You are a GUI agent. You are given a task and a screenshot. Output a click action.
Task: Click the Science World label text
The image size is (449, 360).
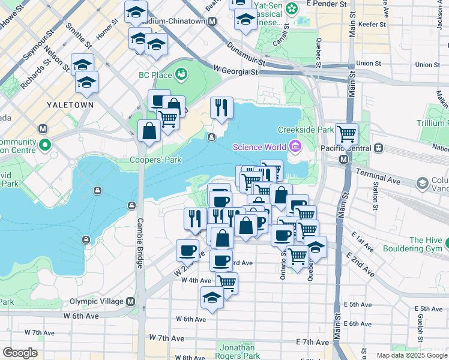tap(259, 147)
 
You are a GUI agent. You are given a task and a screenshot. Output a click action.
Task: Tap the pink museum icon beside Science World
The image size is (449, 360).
tap(295, 146)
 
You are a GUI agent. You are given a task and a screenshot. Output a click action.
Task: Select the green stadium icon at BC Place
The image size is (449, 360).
tap(180, 74)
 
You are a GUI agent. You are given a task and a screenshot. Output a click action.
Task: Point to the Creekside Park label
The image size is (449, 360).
tap(305, 130)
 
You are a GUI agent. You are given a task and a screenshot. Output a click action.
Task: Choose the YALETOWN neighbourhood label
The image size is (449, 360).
tap(70, 104)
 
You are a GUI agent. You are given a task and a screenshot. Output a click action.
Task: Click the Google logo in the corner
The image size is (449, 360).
tap(20, 353)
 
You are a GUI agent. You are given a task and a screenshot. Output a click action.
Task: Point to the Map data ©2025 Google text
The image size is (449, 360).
tap(412, 355)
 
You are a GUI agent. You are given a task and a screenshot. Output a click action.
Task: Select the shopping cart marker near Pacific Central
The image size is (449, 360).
tap(346, 134)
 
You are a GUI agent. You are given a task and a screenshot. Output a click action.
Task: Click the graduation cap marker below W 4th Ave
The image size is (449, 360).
tap(212, 298)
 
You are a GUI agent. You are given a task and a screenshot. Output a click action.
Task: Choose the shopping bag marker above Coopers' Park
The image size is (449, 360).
tap(149, 130)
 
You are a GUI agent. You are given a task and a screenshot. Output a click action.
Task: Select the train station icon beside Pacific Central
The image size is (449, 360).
tap(379, 148)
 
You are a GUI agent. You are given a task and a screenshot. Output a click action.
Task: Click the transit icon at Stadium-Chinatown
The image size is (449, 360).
tap(212, 21)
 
